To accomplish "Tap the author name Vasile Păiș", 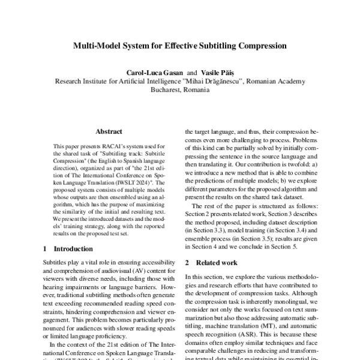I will (x=215, y=70).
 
